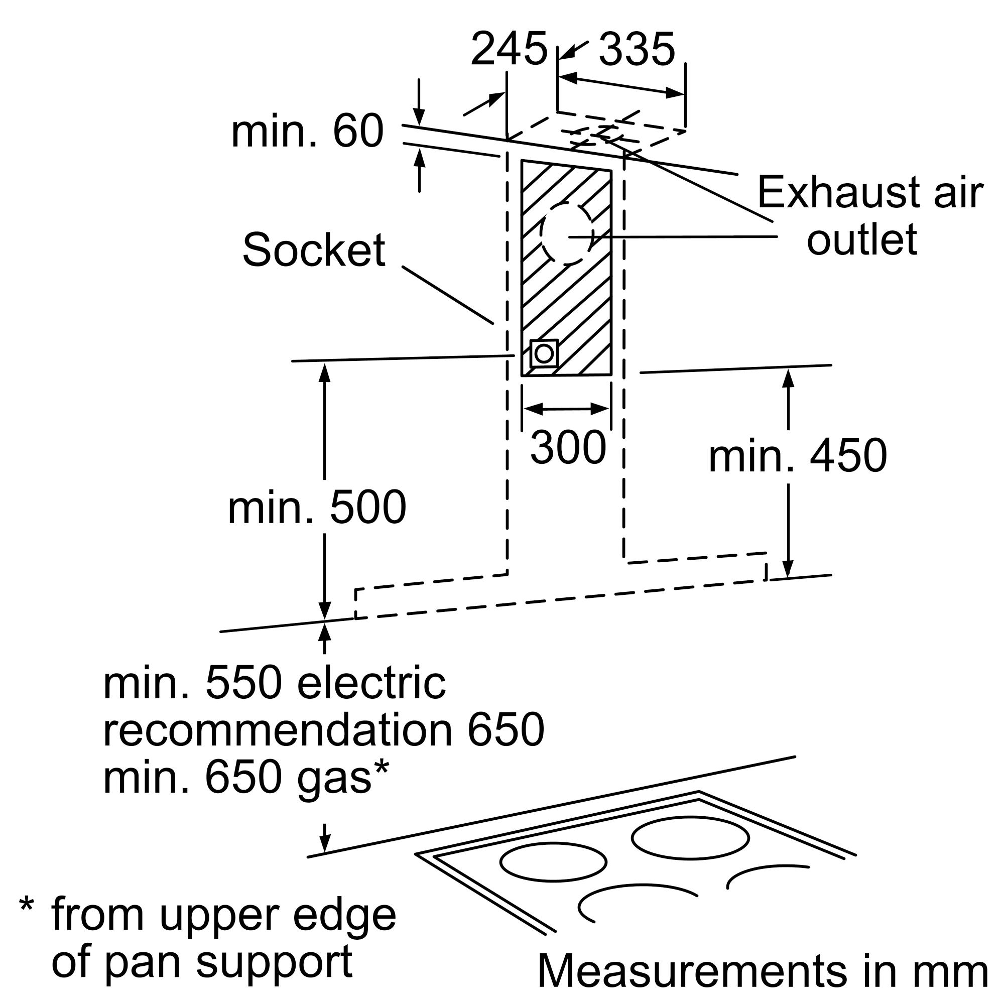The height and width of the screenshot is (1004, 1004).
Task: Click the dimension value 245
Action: point(509,49)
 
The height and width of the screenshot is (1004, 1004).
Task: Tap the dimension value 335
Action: point(637,49)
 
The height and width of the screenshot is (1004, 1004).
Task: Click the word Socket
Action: point(314,250)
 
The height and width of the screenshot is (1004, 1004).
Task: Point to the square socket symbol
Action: point(544,353)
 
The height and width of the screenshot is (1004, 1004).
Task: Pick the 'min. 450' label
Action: point(798,455)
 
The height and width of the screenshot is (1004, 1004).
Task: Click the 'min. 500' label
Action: point(317,507)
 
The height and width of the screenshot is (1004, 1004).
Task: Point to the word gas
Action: point(334,780)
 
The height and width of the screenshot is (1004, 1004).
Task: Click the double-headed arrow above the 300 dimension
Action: point(566,409)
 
